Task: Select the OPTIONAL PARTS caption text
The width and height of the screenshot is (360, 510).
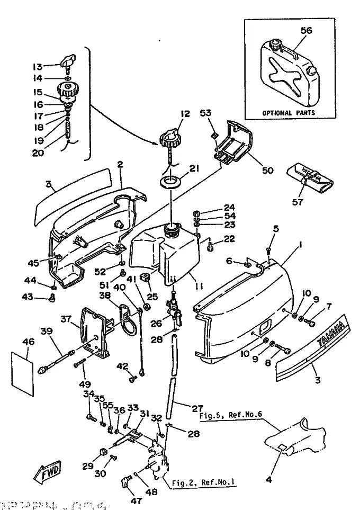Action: tap(289, 113)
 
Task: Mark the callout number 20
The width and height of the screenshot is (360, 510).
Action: tap(38, 154)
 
